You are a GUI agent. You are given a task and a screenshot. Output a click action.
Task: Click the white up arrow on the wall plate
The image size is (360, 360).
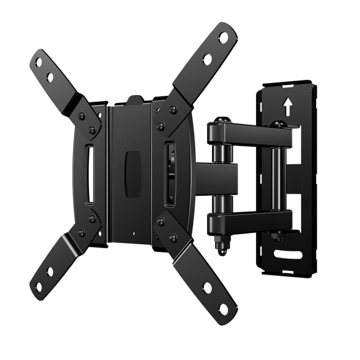click(287, 106)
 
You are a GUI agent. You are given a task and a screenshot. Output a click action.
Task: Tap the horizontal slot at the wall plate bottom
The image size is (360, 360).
click(288, 253)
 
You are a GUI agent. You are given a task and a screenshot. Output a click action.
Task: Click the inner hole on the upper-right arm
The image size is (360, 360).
click(208, 59)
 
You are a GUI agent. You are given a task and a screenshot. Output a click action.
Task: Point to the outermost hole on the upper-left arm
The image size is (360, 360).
click(39, 62)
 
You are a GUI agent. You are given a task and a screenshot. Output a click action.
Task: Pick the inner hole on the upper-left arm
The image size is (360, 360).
click(50, 77)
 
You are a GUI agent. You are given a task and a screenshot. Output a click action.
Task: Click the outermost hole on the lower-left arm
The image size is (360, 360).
click(39, 286)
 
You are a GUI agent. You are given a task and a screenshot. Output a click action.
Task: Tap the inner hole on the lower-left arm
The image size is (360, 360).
click(50, 271)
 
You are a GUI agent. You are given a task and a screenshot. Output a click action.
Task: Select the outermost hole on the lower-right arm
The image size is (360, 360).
click(224, 309)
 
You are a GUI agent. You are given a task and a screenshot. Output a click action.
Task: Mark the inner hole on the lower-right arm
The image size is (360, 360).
click(208, 288)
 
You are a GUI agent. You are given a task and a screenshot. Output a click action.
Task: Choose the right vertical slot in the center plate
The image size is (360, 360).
click(169, 174)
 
